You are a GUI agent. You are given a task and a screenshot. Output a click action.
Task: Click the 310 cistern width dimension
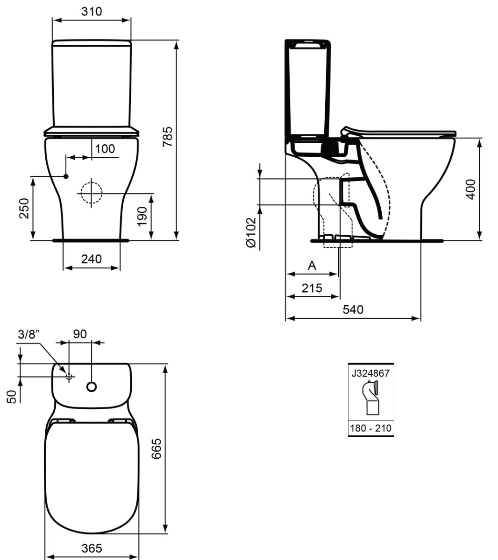click(x=92, y=12)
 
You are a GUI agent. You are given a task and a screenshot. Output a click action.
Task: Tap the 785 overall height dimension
click(x=167, y=137)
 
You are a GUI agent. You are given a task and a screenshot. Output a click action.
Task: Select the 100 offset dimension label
click(x=105, y=149)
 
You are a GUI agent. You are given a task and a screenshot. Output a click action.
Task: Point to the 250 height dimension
click(x=24, y=208)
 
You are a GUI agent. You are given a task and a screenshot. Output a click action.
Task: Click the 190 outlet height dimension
click(x=142, y=217)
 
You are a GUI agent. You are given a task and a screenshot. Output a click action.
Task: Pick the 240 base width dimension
click(x=92, y=259)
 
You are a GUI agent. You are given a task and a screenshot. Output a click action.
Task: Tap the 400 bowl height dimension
click(x=470, y=189)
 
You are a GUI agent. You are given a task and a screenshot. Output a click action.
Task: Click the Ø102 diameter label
click(x=251, y=232)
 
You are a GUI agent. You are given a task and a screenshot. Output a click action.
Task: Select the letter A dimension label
click(x=312, y=266)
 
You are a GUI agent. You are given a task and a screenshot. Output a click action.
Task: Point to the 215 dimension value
click(x=312, y=288)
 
